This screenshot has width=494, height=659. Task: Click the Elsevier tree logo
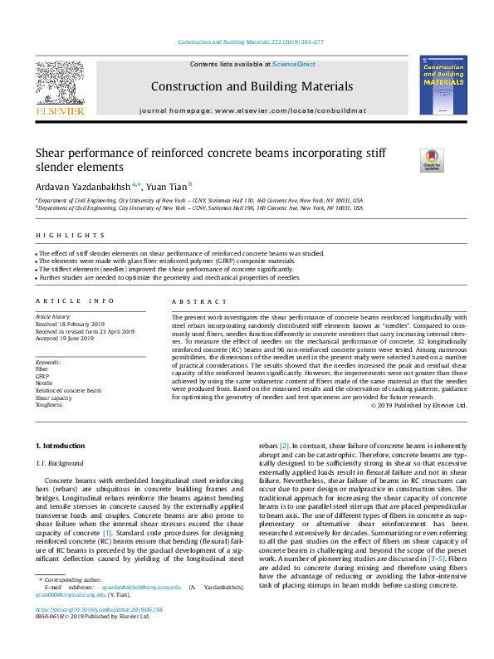(x=59, y=85)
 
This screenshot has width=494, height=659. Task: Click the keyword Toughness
(x=49, y=405)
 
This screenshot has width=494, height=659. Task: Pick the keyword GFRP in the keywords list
(x=42, y=376)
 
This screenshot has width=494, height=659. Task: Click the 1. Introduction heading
(x=64, y=447)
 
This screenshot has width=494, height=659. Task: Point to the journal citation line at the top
(x=247, y=42)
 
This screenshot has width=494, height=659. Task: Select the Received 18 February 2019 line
(x=71, y=324)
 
